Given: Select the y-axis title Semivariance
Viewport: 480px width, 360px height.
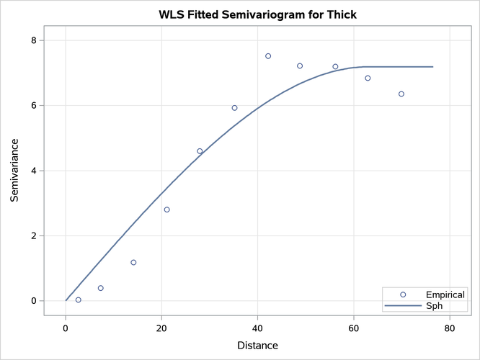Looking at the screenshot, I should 15,171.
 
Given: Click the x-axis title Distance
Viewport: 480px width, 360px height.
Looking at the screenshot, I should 257,346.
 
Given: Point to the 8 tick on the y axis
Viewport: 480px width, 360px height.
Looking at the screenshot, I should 33,40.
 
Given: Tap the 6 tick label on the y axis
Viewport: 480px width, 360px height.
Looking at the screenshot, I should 33,106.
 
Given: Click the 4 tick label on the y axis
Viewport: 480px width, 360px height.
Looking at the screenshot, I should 33,171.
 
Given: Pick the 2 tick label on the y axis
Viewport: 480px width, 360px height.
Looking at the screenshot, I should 33,236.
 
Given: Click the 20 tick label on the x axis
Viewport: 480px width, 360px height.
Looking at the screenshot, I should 161,328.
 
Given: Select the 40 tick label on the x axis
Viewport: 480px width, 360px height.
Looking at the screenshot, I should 257,328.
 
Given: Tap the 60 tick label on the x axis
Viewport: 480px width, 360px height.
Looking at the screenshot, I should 353,328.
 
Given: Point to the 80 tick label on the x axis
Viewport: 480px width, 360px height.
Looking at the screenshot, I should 449,328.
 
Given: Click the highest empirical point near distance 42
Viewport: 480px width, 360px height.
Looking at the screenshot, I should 268,56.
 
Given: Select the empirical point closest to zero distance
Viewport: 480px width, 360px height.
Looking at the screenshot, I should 79,300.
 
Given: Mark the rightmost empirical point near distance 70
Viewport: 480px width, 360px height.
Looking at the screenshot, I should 401,94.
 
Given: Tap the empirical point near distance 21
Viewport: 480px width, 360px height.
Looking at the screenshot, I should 166,210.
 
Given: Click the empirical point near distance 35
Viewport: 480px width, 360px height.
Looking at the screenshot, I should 234,108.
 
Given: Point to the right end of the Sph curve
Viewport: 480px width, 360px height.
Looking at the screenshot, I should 432,67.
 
